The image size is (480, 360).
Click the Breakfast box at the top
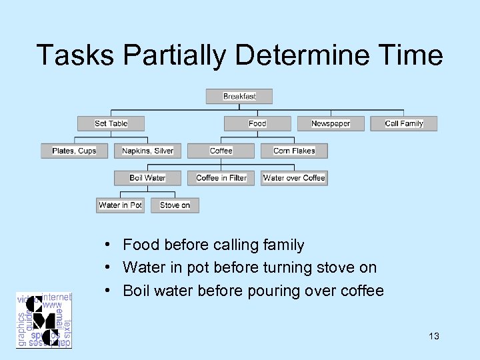239,97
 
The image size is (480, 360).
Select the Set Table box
111,123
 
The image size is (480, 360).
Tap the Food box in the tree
257,123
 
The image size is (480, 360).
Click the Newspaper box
331,123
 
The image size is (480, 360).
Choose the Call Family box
404,123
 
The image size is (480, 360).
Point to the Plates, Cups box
74,151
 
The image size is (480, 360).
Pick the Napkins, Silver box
147,151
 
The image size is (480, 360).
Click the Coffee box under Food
221,151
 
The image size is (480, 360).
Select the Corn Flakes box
294,151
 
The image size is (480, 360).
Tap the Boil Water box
147,178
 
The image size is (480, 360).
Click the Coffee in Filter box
221,178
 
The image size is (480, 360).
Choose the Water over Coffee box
294,178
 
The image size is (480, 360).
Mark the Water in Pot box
120,205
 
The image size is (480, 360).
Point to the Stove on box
175,205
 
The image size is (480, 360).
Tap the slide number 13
434,336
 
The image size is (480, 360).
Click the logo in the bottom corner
44,320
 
